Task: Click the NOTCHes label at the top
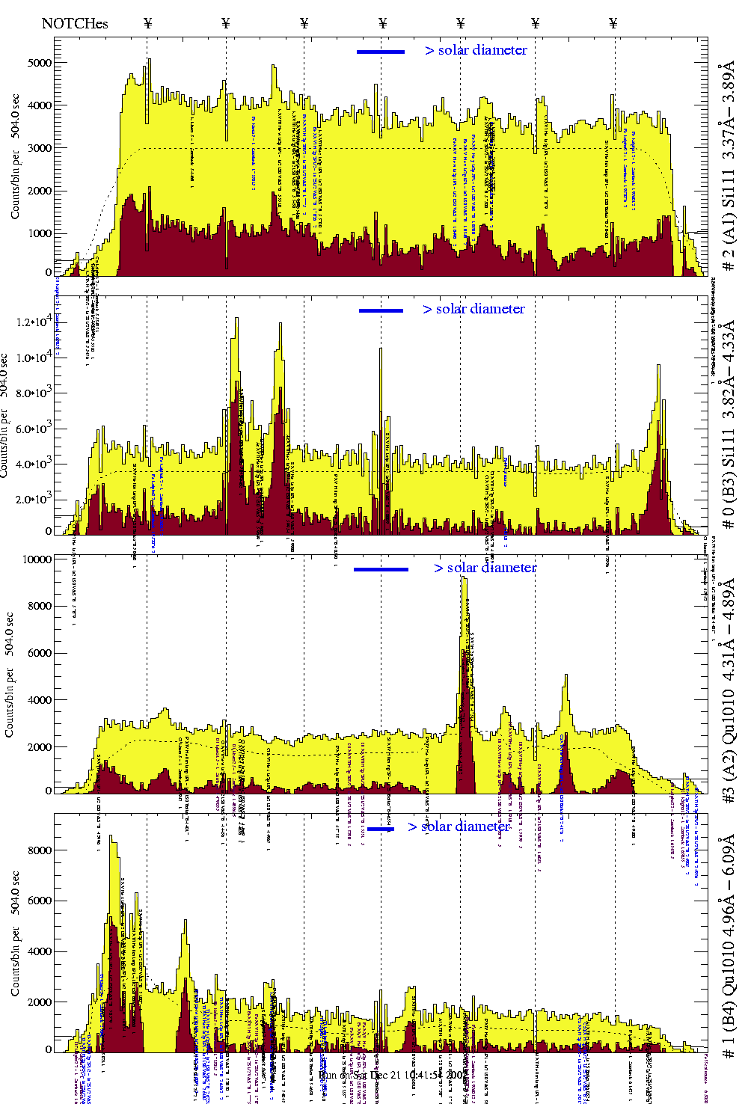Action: coord(75,23)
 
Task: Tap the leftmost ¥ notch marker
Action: coord(148,23)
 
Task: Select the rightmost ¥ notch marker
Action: coord(613,23)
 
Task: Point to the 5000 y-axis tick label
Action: coord(40,63)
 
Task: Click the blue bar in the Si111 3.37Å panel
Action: coord(381,52)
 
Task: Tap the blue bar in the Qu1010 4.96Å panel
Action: coord(381,829)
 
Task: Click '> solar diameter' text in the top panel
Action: coord(476,50)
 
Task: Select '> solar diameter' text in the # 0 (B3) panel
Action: coord(474,309)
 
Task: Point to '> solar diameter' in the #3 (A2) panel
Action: coord(485,568)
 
